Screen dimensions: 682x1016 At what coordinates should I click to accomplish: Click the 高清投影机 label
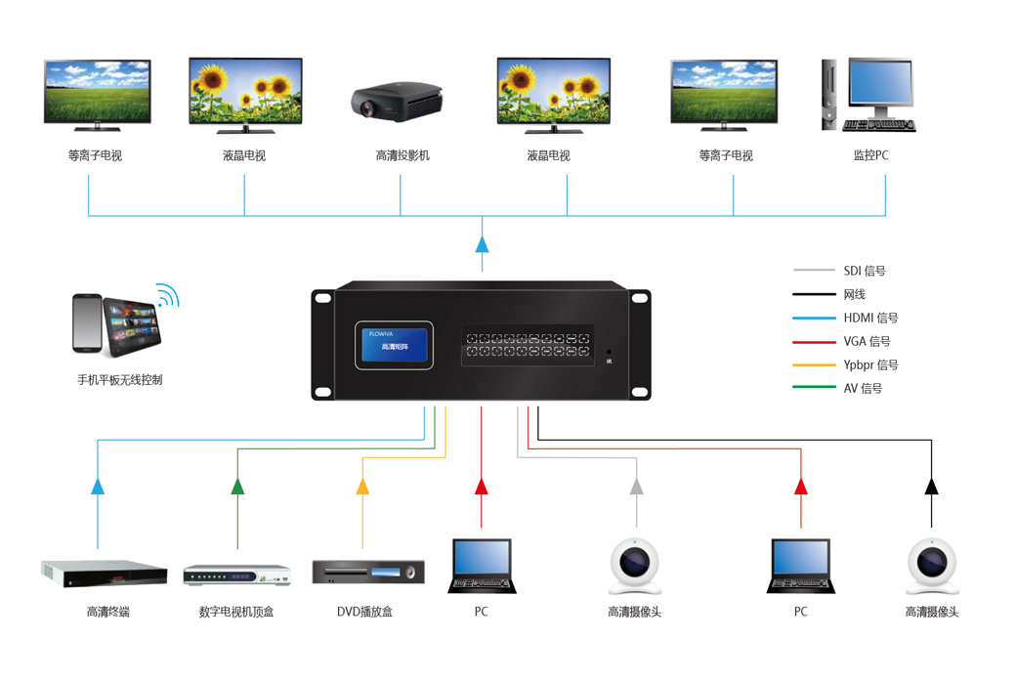pyautogui.click(x=402, y=155)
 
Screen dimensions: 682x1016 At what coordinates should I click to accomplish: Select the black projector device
pyautogui.click(x=397, y=100)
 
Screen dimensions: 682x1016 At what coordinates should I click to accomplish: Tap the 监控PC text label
pyautogui.click(x=870, y=155)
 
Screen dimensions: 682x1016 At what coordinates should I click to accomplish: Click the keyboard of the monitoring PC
pyautogui.click(x=878, y=125)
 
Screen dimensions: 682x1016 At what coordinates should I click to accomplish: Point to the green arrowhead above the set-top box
pyautogui.click(x=237, y=486)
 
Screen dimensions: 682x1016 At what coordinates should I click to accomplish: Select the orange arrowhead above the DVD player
pyautogui.click(x=362, y=486)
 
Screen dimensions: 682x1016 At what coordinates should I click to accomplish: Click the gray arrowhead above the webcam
pyautogui.click(x=637, y=486)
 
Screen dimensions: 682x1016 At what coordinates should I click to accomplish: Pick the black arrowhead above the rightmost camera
pyautogui.click(x=931, y=486)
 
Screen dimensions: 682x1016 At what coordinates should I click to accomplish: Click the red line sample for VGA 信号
pyautogui.click(x=813, y=342)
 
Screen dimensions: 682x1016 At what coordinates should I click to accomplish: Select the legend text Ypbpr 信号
pyautogui.click(x=870, y=365)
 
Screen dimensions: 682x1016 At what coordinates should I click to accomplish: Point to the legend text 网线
pyautogui.click(x=855, y=294)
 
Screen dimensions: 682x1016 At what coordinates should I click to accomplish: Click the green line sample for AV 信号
pyautogui.click(x=813, y=389)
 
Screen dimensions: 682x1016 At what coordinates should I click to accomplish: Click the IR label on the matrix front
pyautogui.click(x=609, y=362)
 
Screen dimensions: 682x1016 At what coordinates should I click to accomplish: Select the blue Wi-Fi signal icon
pyautogui.click(x=168, y=295)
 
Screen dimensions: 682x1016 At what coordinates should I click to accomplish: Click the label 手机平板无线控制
pyautogui.click(x=120, y=380)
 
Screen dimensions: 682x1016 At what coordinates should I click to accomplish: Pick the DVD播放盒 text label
pyautogui.click(x=364, y=612)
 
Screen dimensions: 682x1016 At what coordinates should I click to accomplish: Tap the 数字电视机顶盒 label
pyautogui.click(x=236, y=612)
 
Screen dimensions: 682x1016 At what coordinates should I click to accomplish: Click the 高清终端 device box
pyautogui.click(x=104, y=574)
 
